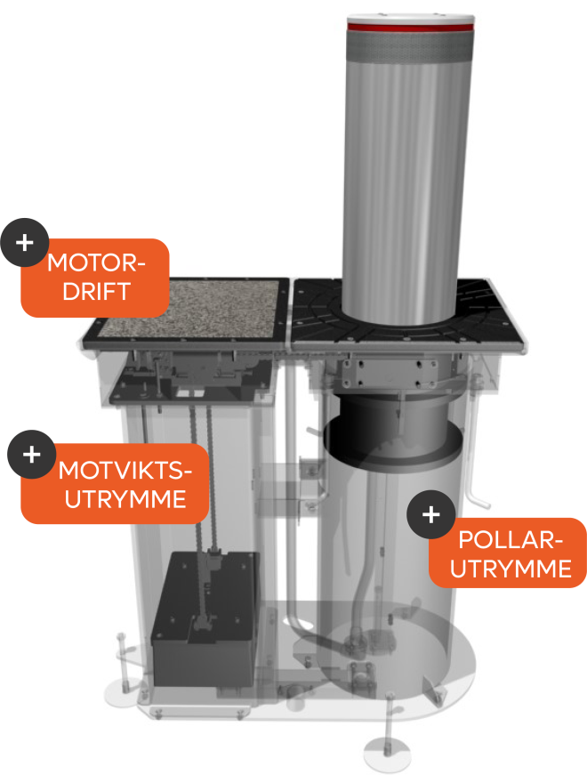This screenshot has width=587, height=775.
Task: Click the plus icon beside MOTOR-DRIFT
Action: [x=24, y=242]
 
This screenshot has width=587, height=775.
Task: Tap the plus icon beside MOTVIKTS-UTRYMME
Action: [x=32, y=454]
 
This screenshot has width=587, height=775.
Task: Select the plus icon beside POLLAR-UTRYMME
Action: [x=430, y=514]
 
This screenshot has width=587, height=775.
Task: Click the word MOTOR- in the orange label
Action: [x=96, y=262]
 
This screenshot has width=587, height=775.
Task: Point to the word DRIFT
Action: [x=96, y=291]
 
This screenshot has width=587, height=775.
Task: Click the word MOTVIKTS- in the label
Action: [x=125, y=470]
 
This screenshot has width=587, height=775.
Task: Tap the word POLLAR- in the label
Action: [x=511, y=539]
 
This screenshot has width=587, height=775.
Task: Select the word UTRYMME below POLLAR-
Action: [x=511, y=569]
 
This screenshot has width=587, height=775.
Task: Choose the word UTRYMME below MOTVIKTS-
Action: [x=125, y=498]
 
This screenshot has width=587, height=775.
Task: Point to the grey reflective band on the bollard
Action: [x=410, y=48]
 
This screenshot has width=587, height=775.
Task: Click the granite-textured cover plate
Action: [x=189, y=310]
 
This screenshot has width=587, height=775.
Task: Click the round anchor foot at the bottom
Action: [x=387, y=754]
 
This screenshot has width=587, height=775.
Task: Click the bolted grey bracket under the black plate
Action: [x=390, y=374]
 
